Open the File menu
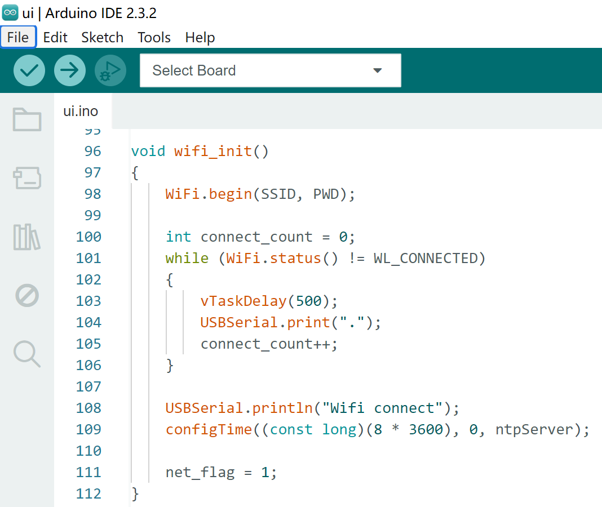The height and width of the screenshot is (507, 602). pos(18,37)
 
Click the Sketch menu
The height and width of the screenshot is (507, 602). pos(102,37)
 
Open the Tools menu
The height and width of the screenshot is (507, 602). pos(154,37)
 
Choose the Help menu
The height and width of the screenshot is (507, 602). pos(200,38)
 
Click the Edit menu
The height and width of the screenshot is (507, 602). pos(55,37)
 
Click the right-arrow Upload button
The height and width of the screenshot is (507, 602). pos(70,70)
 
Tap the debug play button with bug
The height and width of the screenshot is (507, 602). pos(110,70)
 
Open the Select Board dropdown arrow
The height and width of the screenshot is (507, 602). pos(378,70)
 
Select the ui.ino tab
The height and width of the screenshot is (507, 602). pos(81,111)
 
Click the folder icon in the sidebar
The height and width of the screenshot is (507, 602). pos(27,119)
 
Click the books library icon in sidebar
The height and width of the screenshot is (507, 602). pos(26,237)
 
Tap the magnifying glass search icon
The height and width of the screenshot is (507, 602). pos(27,354)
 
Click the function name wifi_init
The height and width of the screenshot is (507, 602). pos(213,151)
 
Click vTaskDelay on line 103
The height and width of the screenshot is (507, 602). pos(244,301)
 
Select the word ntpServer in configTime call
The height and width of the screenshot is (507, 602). pos(534,429)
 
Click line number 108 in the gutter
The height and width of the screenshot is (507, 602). pos(88,408)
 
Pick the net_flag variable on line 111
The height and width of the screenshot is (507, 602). pos(200,473)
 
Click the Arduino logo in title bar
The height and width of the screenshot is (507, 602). pos(10,12)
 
